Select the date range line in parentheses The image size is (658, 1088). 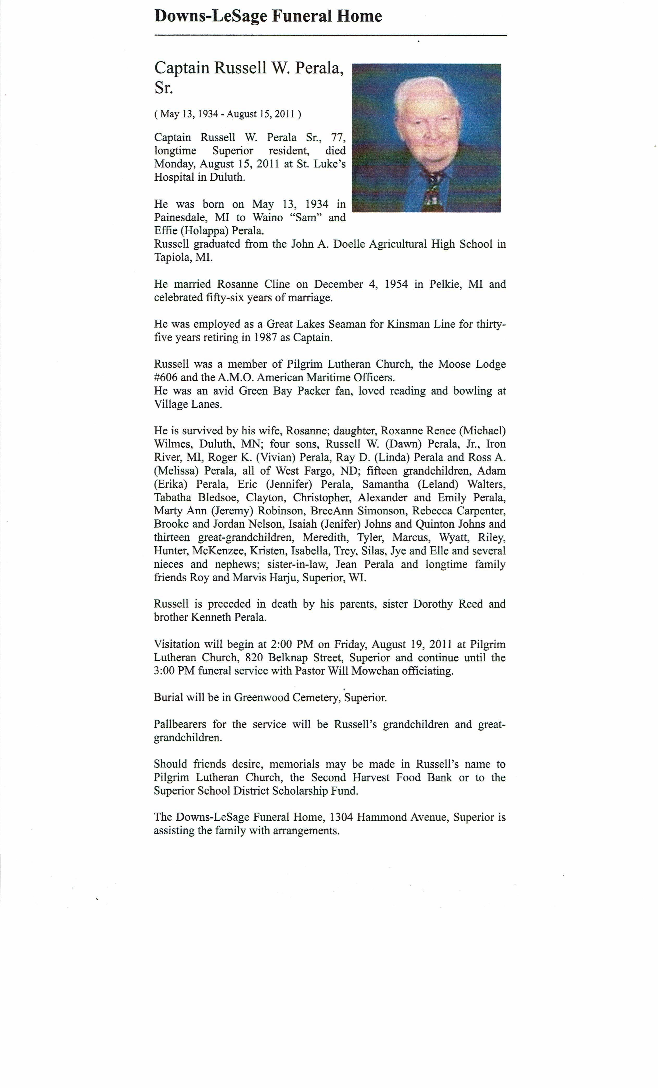point(228,114)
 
